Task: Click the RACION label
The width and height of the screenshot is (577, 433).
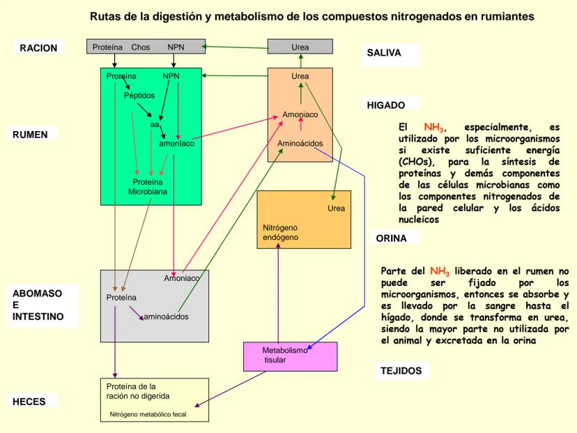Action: (x=39, y=48)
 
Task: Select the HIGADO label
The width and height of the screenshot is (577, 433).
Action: (x=385, y=105)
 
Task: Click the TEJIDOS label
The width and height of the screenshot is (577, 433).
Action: (x=401, y=371)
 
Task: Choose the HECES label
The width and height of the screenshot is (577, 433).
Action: (x=34, y=402)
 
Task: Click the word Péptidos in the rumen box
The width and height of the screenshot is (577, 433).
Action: (x=139, y=96)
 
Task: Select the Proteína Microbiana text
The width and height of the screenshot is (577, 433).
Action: (x=147, y=185)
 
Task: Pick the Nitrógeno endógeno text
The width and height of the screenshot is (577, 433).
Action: (x=281, y=233)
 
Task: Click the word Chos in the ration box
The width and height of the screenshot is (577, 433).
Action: (x=141, y=47)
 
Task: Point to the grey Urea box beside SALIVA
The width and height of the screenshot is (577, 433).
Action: (x=300, y=47)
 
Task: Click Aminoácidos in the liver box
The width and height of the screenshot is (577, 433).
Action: (x=300, y=144)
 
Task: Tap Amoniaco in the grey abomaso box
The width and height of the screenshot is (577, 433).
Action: (x=182, y=278)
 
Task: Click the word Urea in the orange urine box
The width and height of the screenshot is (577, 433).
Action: (x=337, y=208)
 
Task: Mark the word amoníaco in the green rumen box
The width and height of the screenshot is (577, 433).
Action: (x=176, y=144)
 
